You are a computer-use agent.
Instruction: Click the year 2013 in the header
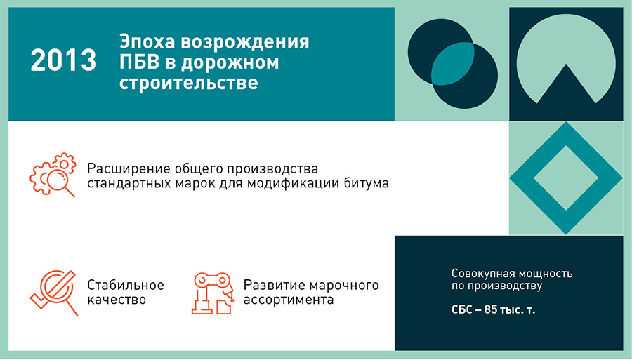pyautogui.click(x=63, y=60)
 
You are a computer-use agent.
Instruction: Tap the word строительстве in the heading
pyautogui.click(x=189, y=83)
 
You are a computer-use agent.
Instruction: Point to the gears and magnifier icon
pyautogui.click(x=53, y=175)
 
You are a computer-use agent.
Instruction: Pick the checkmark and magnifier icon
pyautogui.click(x=54, y=293)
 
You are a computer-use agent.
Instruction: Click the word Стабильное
pyautogui.click(x=126, y=285)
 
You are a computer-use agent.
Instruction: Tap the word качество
pyautogui.click(x=117, y=300)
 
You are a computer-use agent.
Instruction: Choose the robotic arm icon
pyautogui.click(x=212, y=293)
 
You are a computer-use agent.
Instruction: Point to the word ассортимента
pyautogui.click(x=289, y=300)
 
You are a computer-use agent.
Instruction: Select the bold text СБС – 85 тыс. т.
pyautogui.click(x=494, y=310)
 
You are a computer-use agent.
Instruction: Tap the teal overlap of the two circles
pyautogui.click(x=453, y=63)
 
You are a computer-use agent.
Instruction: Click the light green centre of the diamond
pyautogui.click(x=566, y=178)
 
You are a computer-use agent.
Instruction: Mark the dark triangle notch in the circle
pyautogui.click(x=566, y=86)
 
